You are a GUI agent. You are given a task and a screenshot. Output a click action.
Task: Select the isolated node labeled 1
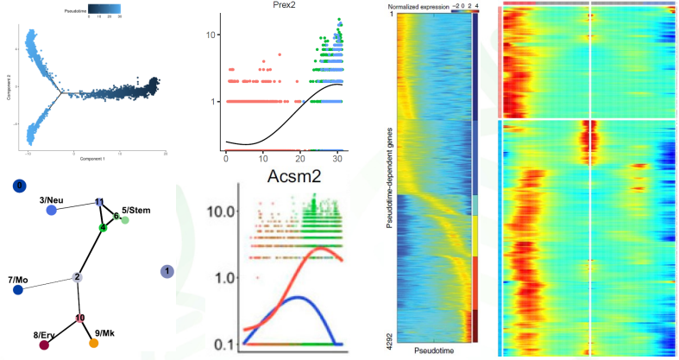[166, 272]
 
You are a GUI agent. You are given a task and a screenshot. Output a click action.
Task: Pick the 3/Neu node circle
[52, 210]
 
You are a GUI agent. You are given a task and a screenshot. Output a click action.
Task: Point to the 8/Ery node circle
[44, 345]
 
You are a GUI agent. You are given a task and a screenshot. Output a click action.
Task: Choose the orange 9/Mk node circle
[94, 343]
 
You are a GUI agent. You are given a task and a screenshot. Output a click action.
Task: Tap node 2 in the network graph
[77, 277]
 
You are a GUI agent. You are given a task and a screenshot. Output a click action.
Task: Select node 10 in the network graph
[80, 319]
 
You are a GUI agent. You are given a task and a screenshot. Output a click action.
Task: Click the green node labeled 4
[102, 228]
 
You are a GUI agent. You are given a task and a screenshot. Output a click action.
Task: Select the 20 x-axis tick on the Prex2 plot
[299, 159]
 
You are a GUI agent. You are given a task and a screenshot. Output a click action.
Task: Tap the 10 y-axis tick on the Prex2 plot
[209, 34]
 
